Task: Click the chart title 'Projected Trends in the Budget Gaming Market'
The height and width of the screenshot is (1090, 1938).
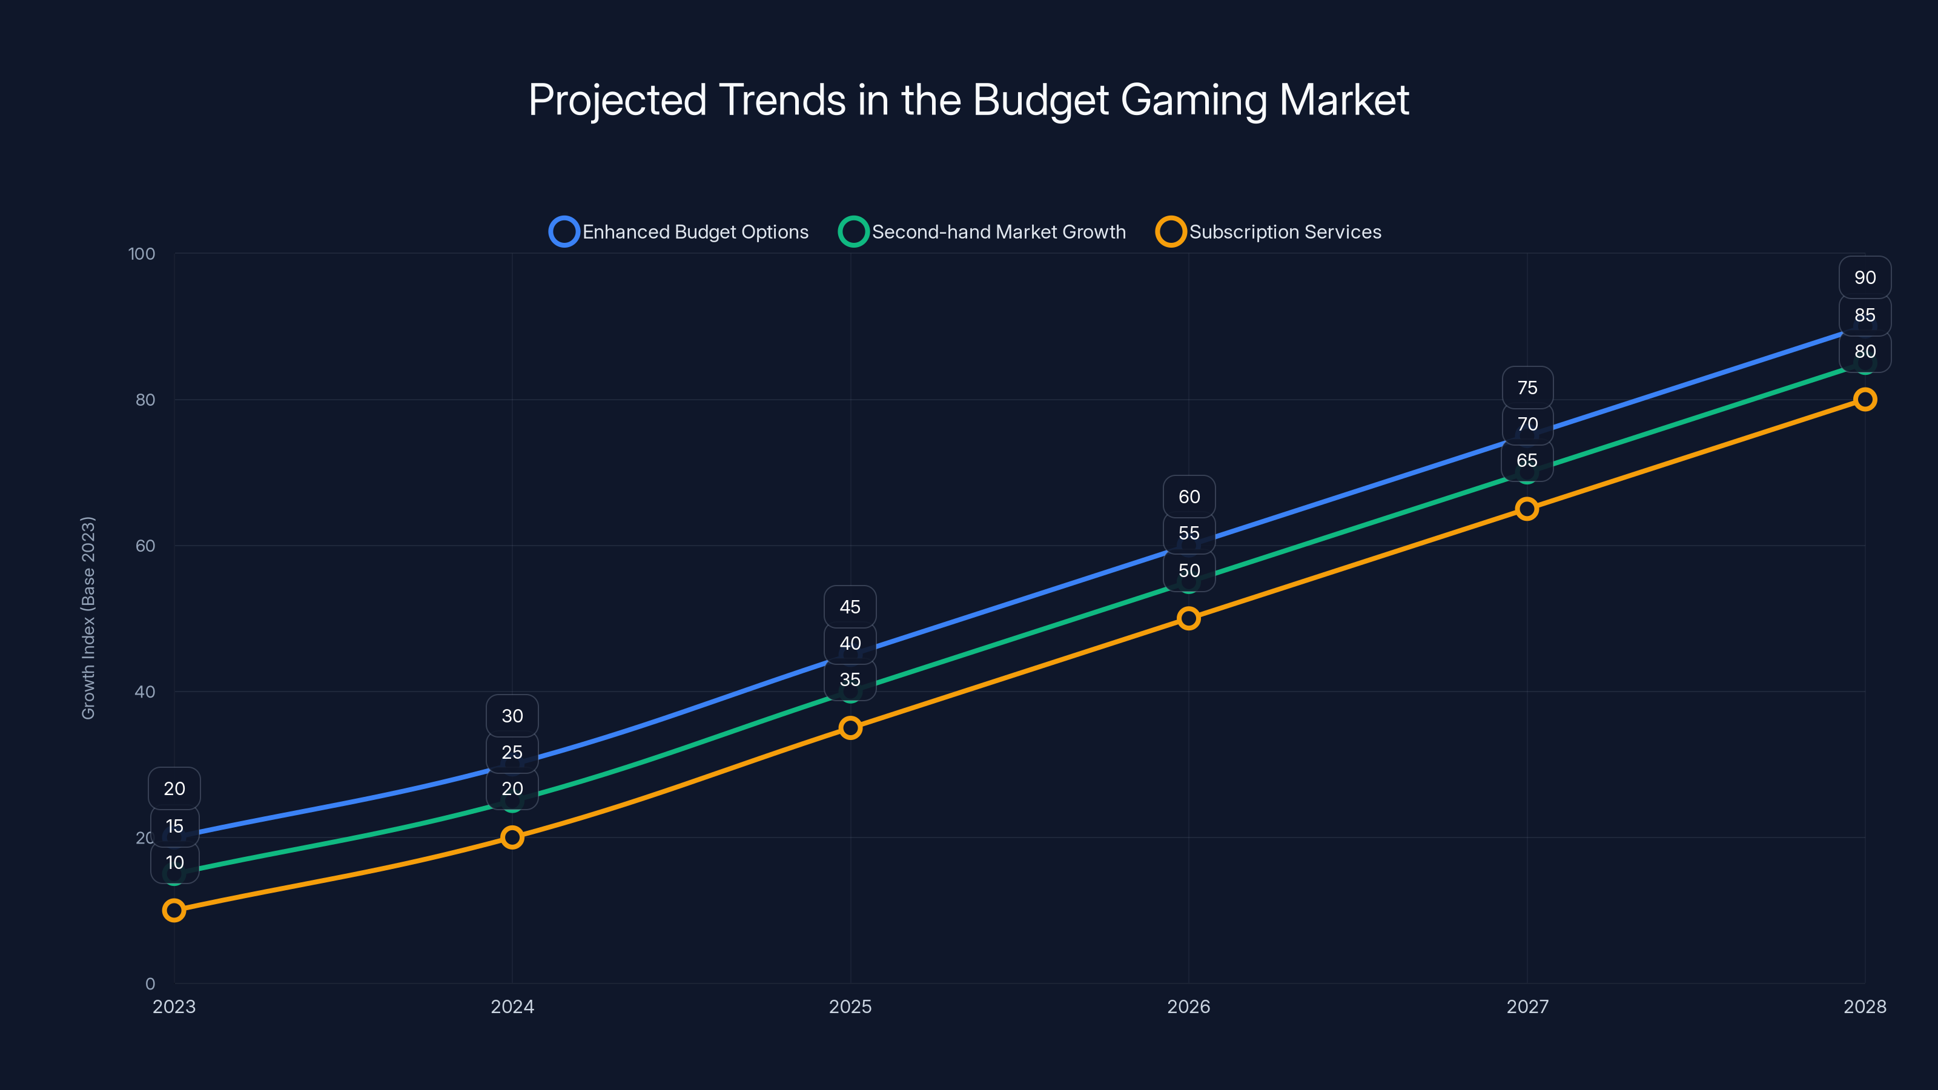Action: pos(968,100)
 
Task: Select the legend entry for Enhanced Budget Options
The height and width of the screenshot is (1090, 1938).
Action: pos(680,232)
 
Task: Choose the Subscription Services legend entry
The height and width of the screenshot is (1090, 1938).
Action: pos(1269,232)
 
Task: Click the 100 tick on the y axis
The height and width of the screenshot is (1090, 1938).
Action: pos(142,254)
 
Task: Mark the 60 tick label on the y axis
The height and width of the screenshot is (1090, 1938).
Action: pos(145,546)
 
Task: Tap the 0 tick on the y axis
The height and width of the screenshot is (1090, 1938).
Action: pos(150,984)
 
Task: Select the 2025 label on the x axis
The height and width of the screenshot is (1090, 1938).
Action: pos(850,1007)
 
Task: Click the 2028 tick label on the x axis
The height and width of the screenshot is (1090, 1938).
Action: pos(1864,1007)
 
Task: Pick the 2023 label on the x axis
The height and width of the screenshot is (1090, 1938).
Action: pos(174,1007)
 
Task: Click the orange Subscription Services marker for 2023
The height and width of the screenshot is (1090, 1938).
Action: pos(174,911)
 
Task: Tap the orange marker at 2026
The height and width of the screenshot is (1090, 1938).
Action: pos(1189,619)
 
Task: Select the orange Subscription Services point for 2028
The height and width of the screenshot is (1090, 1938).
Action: pos(1864,400)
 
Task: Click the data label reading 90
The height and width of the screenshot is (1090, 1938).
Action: pos(1864,277)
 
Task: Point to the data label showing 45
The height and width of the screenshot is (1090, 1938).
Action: pos(850,607)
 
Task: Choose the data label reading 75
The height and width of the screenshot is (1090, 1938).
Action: pos(1527,388)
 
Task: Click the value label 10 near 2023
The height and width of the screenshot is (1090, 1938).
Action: pos(174,863)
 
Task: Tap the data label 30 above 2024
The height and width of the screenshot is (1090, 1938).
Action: pos(512,716)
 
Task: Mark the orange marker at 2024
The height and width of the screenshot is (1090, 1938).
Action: pos(512,838)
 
